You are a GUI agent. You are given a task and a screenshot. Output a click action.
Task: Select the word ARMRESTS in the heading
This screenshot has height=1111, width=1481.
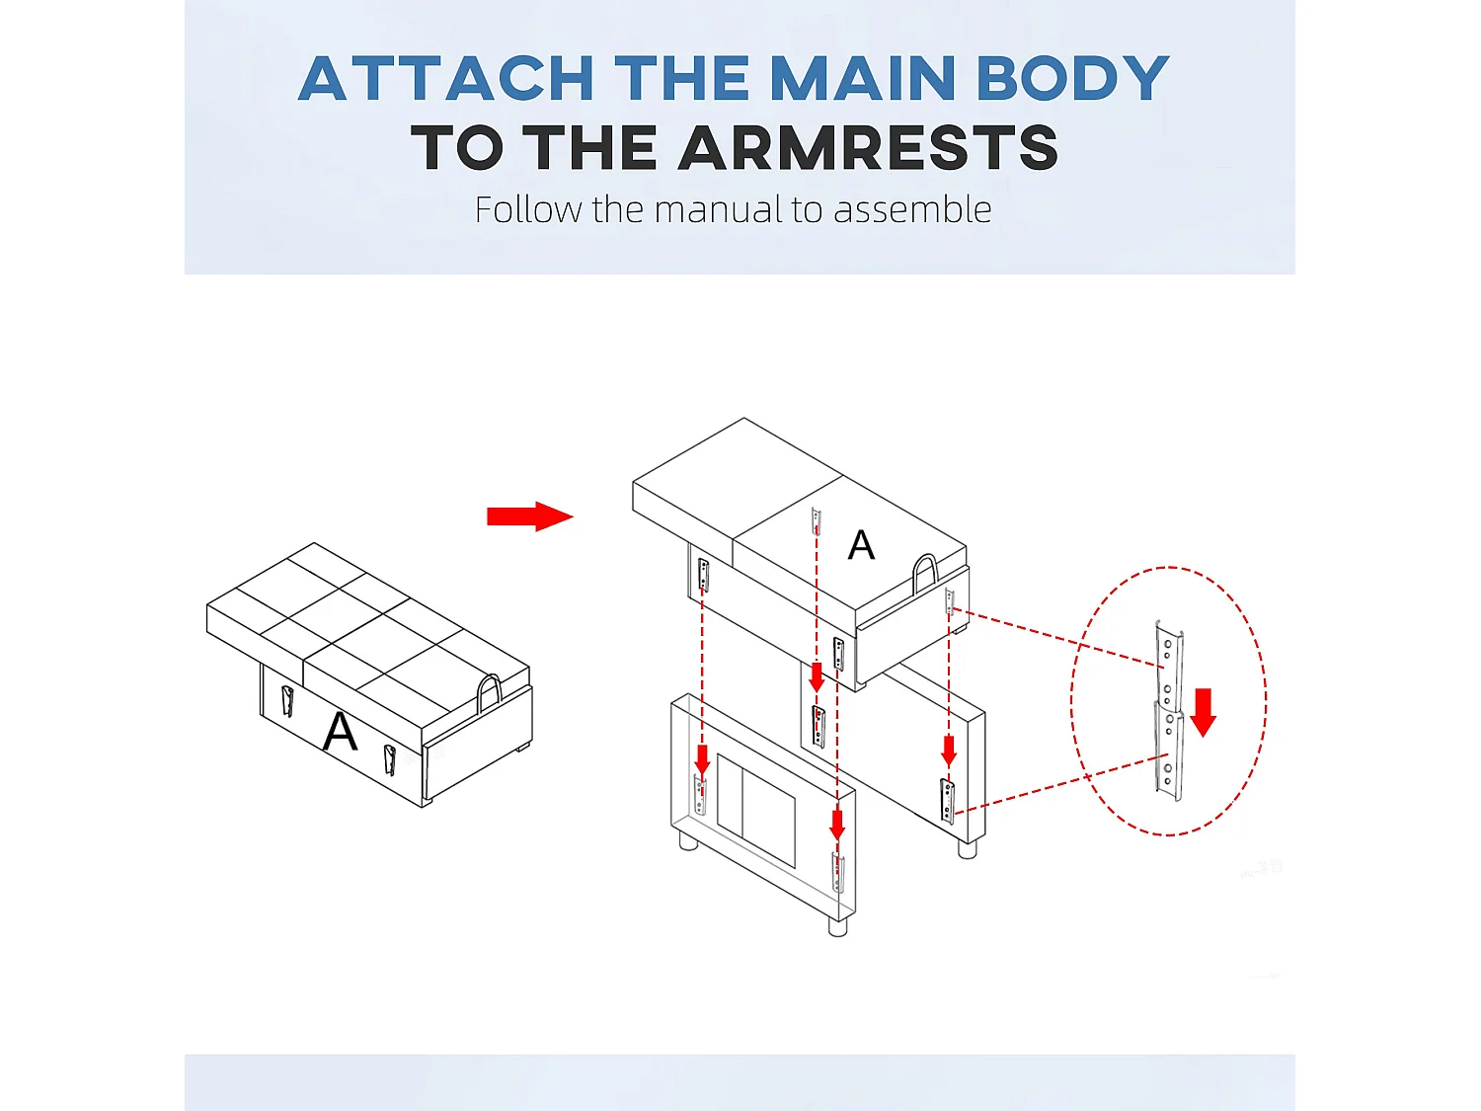tap(868, 148)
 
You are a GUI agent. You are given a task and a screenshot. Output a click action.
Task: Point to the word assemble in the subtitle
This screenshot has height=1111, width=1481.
tap(912, 209)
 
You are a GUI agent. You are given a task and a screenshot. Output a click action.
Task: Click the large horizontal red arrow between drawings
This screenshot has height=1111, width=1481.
tap(529, 516)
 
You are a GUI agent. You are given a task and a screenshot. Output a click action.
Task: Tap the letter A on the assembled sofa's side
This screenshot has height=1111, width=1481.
tap(340, 732)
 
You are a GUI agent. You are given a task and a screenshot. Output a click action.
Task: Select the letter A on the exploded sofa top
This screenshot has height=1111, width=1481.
tap(861, 545)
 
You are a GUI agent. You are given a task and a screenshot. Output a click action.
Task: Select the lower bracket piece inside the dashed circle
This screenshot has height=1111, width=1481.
tap(1168, 751)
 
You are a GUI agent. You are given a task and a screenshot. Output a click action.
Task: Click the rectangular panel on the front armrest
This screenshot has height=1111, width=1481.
tap(755, 811)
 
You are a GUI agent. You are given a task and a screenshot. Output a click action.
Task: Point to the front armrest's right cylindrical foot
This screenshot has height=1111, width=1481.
tap(837, 924)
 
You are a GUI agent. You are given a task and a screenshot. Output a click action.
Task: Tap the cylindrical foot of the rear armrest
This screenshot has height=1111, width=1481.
tap(967, 848)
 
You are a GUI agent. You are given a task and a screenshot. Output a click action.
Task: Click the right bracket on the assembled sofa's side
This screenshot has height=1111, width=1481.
tap(389, 760)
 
